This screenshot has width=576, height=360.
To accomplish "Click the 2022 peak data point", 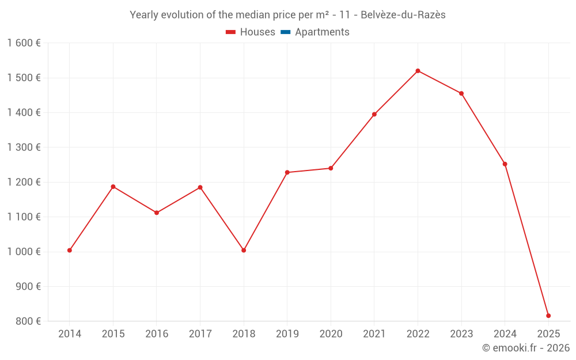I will [418, 71].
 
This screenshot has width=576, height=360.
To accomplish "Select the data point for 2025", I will [548, 316].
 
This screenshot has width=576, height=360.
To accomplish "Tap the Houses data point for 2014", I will [70, 250].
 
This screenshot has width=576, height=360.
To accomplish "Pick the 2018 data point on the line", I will [244, 250].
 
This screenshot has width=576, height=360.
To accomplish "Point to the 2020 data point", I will [331, 168].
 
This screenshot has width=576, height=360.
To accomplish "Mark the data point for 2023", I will [461, 93].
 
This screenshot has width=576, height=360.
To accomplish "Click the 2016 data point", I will [157, 213].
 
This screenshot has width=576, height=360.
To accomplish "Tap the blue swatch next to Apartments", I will [285, 32].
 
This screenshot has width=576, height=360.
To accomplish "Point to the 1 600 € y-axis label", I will [24, 43].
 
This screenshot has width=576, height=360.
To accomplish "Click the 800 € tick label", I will [28, 321].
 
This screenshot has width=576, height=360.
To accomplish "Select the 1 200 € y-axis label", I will [24, 182].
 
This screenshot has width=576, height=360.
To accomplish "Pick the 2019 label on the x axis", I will [287, 334].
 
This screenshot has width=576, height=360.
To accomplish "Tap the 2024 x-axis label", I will [505, 334].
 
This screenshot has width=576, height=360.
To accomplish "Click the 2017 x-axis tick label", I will [200, 334].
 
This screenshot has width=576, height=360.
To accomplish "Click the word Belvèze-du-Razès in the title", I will [403, 15].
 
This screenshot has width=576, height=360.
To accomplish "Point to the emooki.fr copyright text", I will [525, 348].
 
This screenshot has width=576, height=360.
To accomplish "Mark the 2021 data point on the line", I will [374, 114].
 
